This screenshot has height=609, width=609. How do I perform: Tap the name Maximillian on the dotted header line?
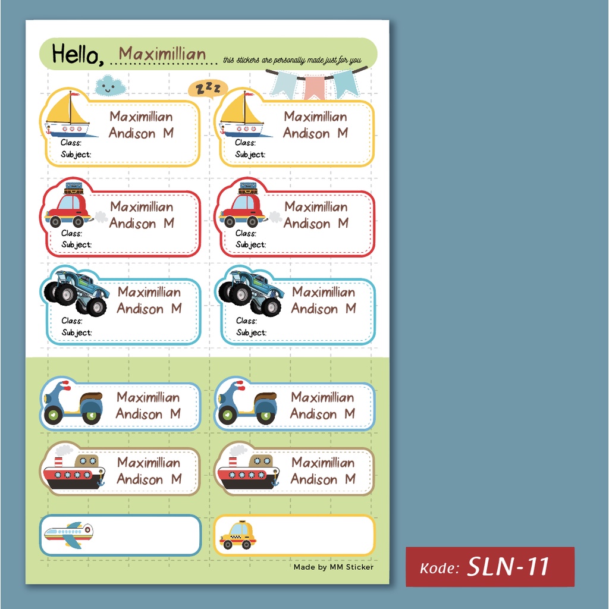click(x=162, y=55)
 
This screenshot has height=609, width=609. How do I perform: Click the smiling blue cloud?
click(x=109, y=86)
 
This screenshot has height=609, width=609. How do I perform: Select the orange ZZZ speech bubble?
click(x=208, y=89)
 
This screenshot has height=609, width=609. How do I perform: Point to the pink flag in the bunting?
click(x=314, y=87)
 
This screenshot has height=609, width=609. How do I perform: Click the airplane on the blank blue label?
click(x=68, y=534)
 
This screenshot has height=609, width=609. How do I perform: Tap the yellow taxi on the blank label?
click(x=238, y=535)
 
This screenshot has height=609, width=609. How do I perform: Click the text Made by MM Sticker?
click(x=334, y=567)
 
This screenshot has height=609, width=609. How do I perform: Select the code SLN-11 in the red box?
click(x=508, y=567)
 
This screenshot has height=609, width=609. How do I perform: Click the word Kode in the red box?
click(x=439, y=568)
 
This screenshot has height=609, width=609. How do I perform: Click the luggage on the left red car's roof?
click(x=74, y=188)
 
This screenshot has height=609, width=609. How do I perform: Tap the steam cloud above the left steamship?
click(x=64, y=450)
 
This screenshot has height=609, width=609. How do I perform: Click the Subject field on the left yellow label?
click(x=76, y=155)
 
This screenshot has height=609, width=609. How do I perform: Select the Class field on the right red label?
click(x=246, y=233)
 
